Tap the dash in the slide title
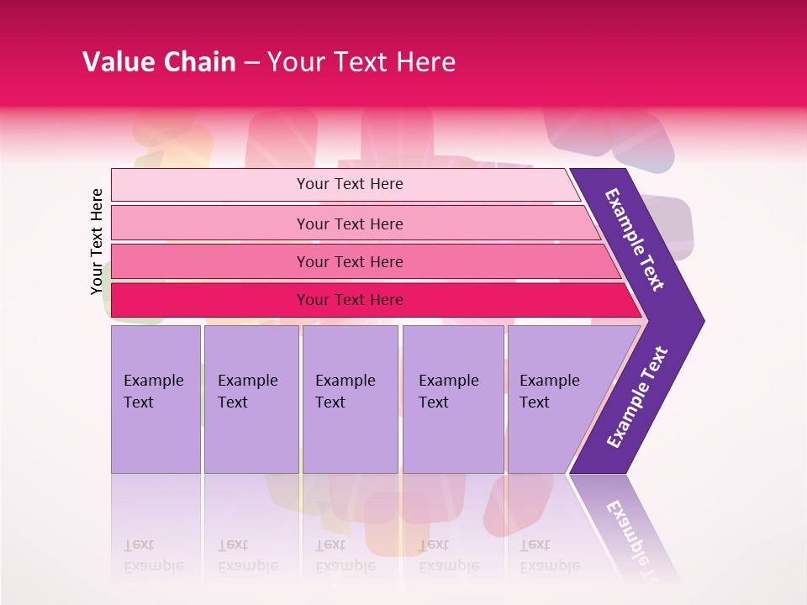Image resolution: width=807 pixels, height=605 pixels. (251, 63)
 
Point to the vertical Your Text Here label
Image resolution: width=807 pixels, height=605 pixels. (97, 241)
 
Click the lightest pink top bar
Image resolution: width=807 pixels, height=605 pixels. (349, 184)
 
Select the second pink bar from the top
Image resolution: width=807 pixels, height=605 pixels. (349, 224)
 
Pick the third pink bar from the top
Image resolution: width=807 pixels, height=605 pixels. (349, 261)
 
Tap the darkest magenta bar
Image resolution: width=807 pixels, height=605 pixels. (349, 300)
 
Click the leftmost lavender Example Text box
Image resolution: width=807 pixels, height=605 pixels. (156, 399)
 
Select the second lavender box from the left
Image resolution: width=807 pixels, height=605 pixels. (251, 399)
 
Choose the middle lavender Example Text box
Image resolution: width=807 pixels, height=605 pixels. (350, 399)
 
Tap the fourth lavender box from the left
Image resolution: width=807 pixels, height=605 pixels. (453, 399)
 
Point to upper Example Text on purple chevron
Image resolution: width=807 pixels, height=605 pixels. (635, 239)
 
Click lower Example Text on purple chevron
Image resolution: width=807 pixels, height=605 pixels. (637, 397)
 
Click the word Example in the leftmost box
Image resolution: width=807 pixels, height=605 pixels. (153, 381)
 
